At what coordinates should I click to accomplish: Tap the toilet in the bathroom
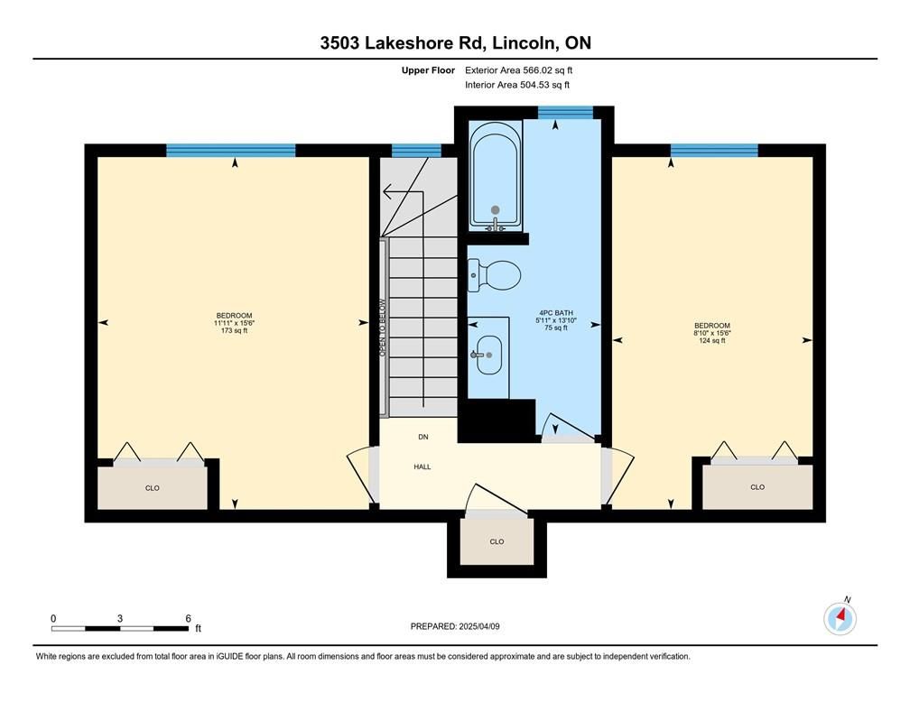point(495,275)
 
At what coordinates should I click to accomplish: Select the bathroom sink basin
point(488,355)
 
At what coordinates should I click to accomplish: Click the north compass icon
point(840,618)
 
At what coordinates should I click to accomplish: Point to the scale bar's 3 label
point(120,618)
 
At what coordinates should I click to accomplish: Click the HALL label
point(422,466)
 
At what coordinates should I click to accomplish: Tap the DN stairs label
point(423,437)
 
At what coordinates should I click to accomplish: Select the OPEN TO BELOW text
point(382,328)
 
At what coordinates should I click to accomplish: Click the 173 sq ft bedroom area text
point(235,330)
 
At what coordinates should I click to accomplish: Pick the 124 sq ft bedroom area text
point(712,340)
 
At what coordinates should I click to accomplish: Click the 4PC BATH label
point(556,313)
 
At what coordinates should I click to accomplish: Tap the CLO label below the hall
point(497,541)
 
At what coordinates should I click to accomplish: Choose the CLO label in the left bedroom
point(152,488)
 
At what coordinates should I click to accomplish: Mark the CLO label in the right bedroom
point(757,486)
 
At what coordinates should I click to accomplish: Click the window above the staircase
point(416,151)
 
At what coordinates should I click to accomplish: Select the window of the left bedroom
point(231,151)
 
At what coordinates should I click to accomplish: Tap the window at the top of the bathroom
point(565,112)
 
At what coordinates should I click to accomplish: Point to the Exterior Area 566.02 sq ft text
point(519,70)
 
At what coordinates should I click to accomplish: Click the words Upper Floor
point(428,70)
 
